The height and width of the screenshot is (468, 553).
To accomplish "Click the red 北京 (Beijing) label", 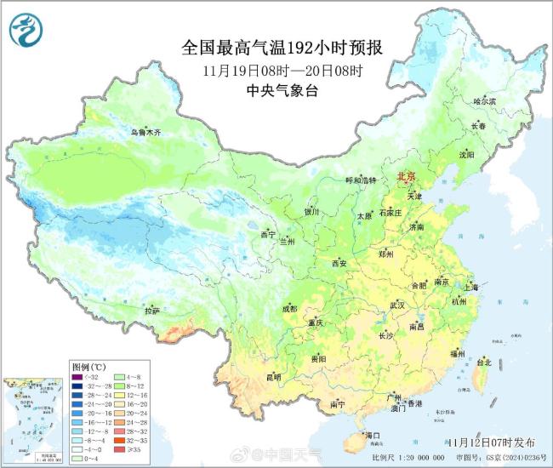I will point(406,176).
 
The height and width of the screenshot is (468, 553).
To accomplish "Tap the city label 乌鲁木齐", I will point(145,133).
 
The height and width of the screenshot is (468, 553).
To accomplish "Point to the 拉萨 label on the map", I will point(152,311).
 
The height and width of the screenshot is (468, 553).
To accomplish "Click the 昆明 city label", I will point(272,376).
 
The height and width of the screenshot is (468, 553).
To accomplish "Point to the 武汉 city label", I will point(397,305).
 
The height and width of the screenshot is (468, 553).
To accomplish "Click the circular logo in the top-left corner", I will point(26,31).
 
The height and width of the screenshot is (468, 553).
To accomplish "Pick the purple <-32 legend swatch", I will point(78,377).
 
